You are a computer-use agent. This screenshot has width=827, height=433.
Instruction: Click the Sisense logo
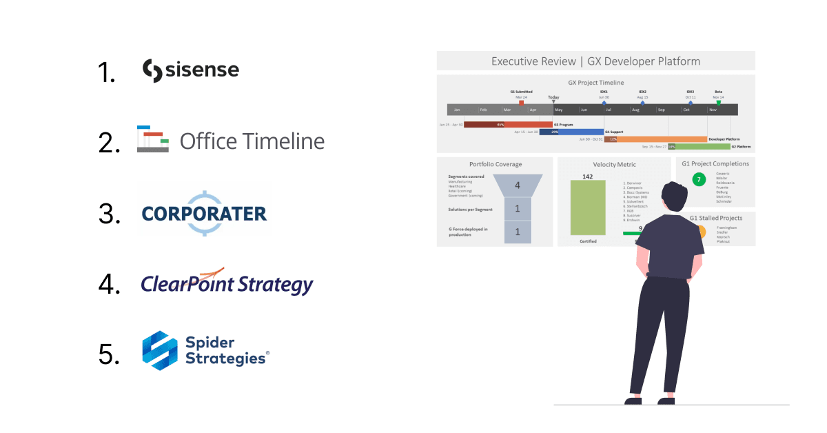[190, 70]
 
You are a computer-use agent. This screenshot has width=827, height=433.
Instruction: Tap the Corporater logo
[204, 213]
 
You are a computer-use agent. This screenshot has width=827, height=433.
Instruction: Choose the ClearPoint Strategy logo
[227, 283]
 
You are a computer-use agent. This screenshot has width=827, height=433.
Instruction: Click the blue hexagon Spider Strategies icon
[160, 351]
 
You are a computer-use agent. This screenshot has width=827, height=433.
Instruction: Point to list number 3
[109, 214]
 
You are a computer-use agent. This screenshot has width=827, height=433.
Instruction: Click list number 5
[109, 354]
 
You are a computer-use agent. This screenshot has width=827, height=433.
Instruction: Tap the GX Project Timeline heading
[595, 83]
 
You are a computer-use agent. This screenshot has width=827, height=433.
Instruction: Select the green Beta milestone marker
[718, 103]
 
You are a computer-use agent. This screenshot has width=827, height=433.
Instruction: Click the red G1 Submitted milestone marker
[521, 103]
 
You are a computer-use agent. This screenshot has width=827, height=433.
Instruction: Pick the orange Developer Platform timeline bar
[662, 139]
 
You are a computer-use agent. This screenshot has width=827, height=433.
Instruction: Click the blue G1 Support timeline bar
[571, 132]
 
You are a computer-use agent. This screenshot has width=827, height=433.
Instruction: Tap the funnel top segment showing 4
[518, 185]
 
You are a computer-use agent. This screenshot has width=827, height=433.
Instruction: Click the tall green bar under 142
[588, 207]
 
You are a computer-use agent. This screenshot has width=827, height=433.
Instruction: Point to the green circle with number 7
[698, 180]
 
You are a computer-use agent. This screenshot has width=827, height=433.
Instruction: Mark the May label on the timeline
[558, 110]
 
